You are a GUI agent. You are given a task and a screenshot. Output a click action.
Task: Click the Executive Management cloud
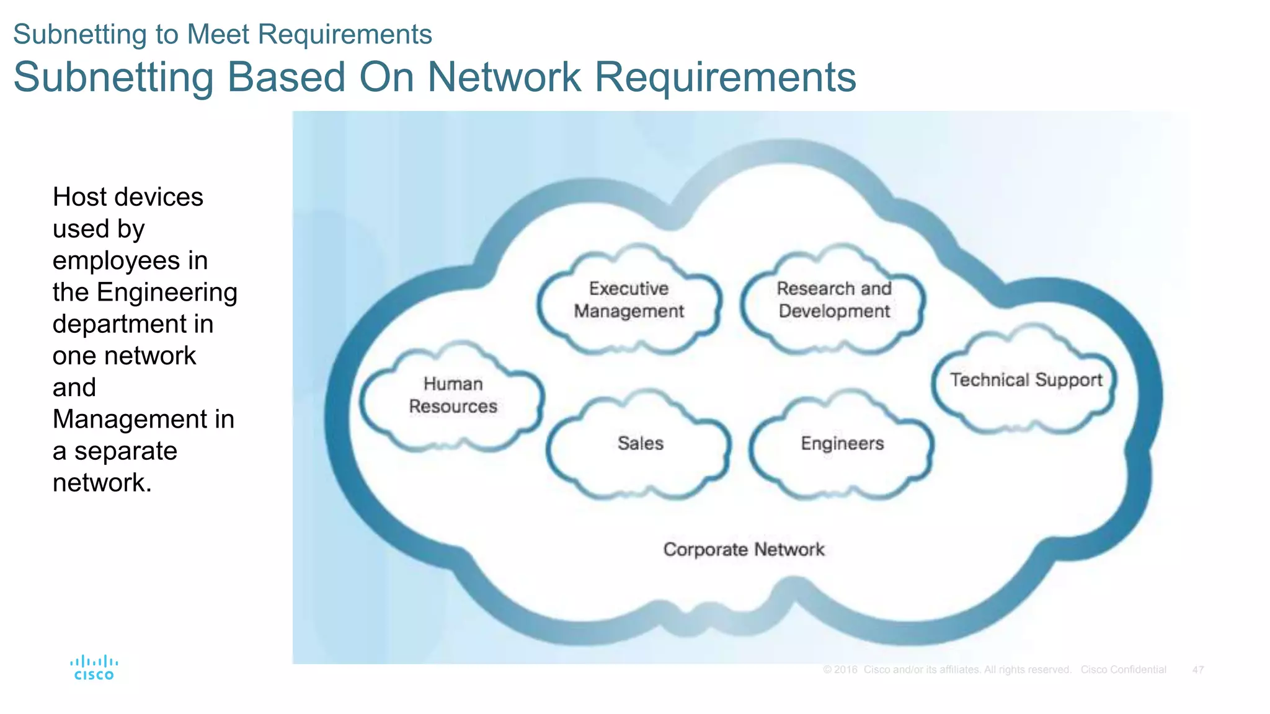(629, 300)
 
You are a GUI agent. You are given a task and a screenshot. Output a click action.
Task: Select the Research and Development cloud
(834, 300)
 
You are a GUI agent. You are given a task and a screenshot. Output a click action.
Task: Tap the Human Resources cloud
(453, 395)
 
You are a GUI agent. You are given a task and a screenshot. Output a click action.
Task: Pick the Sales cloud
(640, 444)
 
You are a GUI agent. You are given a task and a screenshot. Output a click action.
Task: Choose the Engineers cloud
(842, 444)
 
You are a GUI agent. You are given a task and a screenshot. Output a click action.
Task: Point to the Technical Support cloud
(1026, 380)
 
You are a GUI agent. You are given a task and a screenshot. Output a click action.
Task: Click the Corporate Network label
(744, 550)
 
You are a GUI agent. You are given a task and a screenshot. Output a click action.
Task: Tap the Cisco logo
(94, 668)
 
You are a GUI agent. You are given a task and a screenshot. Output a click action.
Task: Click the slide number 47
(1197, 670)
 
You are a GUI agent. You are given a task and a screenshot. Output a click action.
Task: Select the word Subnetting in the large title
(113, 77)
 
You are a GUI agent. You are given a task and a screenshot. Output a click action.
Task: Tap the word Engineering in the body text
(167, 293)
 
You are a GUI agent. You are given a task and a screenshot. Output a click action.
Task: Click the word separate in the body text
(125, 451)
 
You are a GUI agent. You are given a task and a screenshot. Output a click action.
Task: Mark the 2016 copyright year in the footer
(845, 670)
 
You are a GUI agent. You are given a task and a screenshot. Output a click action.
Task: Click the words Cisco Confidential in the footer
(1123, 670)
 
